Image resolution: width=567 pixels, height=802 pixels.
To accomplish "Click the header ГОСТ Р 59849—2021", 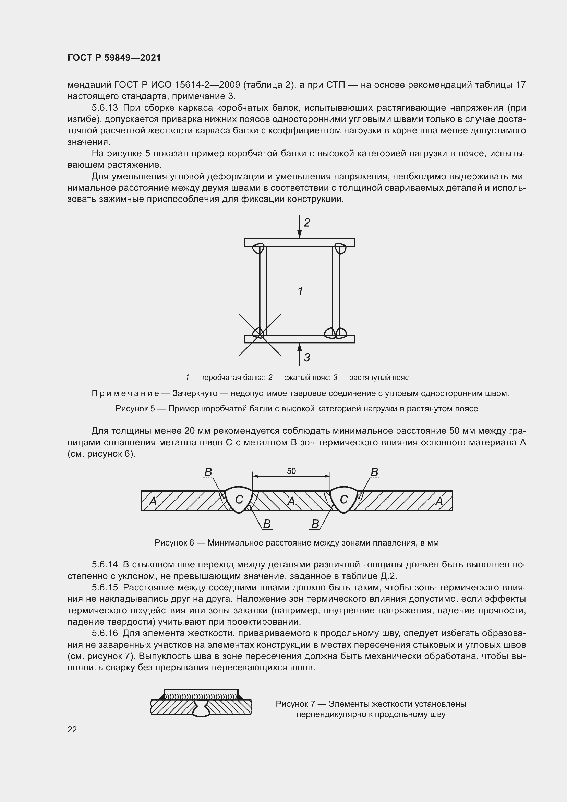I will tap(114, 58).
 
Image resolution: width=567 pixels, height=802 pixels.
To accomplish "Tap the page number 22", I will tap(72, 729).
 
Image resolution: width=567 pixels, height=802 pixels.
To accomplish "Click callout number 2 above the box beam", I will tap(307, 223).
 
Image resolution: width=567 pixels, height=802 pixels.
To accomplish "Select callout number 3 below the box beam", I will tap(307, 357).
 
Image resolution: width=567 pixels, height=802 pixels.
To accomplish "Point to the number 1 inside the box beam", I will tap(300, 291).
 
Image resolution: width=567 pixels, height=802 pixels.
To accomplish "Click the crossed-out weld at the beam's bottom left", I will tap(260, 333).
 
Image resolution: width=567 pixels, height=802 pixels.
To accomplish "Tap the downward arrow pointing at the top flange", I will tap(299, 227).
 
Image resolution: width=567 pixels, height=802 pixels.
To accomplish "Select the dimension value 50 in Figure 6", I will tap(291, 471).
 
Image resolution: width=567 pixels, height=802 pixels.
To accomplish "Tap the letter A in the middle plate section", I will tap(291, 501).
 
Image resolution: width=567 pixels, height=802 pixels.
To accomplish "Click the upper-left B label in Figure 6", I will tap(208, 472).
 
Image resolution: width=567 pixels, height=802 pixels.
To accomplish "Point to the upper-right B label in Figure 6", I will tap(374, 472).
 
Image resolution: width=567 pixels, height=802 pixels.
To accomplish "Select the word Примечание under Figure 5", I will tap(125, 394).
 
